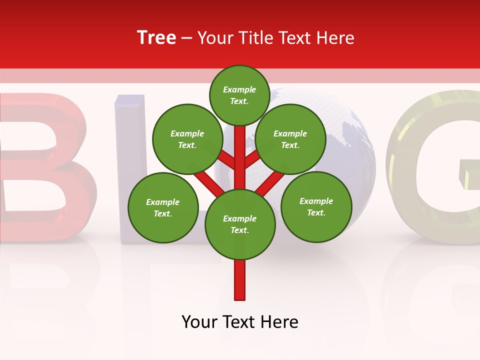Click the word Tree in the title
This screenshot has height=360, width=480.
156,38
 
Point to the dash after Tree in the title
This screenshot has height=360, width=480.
186,38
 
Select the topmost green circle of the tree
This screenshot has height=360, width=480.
239,95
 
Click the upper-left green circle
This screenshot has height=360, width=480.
187,139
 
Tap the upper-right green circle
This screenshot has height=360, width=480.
290,139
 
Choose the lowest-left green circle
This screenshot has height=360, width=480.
163,207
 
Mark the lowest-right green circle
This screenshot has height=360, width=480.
316,206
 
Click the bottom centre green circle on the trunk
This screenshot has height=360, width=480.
240,224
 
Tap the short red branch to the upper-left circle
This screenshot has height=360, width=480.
226,160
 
